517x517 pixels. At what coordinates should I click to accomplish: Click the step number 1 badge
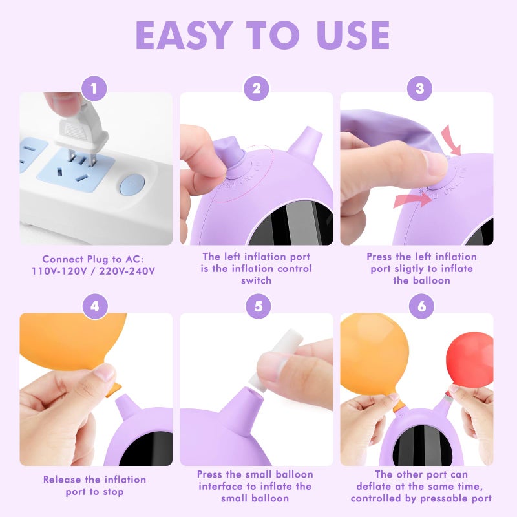(x=95, y=89)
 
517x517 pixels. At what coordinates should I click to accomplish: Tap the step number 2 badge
(x=257, y=89)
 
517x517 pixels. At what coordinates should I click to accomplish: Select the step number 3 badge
(x=419, y=89)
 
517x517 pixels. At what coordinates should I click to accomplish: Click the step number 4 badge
(x=95, y=306)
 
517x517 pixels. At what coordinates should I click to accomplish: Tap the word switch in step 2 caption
(x=257, y=280)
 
